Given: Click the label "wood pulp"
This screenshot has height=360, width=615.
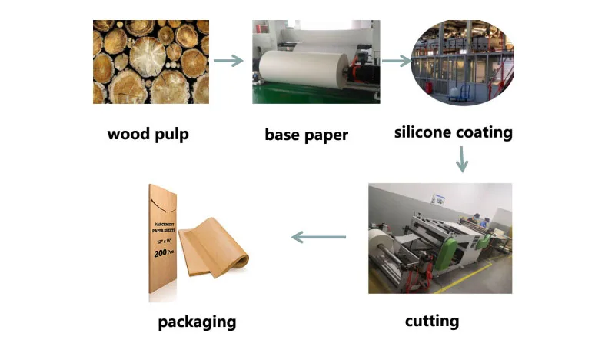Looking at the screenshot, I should (x=148, y=135).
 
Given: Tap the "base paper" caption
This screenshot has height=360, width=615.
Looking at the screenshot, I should (x=306, y=135).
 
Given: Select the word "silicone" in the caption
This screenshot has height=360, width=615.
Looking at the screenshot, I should (x=423, y=132).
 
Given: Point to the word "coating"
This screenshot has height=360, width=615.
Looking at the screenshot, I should (x=483, y=132).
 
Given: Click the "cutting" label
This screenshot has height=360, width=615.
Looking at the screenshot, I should (x=432, y=320).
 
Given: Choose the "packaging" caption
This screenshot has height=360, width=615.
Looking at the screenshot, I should (x=197, y=321).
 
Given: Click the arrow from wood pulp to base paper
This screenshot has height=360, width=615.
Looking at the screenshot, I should (x=228, y=61).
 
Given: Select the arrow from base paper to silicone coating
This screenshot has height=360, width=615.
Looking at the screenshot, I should (x=396, y=61).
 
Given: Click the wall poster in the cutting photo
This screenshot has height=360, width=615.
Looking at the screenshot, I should (x=439, y=198).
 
